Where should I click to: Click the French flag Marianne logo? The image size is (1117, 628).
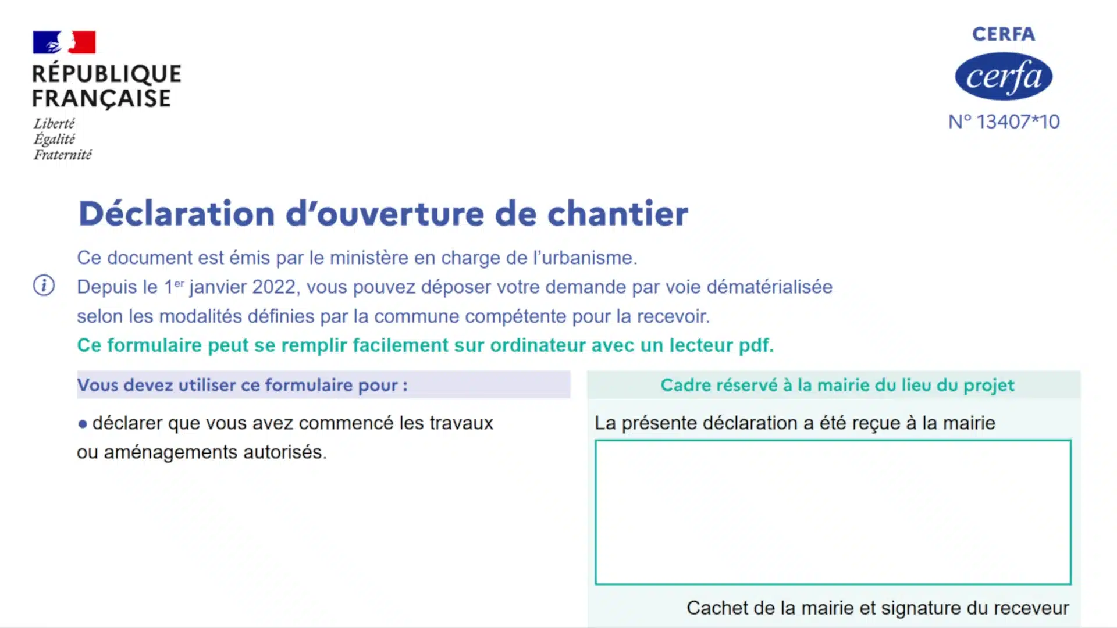pyautogui.click(x=64, y=42)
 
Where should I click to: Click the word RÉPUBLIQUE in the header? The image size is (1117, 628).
pyautogui.click(x=106, y=74)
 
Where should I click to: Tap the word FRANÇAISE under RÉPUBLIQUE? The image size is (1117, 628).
pyautogui.click(x=101, y=99)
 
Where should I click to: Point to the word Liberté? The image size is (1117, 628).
pyautogui.click(x=54, y=123)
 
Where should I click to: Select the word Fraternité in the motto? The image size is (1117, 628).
pyautogui.click(x=62, y=155)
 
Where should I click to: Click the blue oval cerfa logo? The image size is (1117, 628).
pyautogui.click(x=1004, y=77)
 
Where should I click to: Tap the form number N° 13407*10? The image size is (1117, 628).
pyautogui.click(x=1004, y=122)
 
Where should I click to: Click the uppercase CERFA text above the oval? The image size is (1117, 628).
pyautogui.click(x=1004, y=34)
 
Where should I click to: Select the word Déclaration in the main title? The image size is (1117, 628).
pyautogui.click(x=176, y=214)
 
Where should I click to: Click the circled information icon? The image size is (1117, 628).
pyautogui.click(x=44, y=286)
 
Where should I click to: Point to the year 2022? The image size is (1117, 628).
pyautogui.click(x=273, y=287)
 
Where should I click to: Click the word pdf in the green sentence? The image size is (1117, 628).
pyautogui.click(x=755, y=345)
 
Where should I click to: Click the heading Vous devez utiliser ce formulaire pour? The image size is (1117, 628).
pyautogui.click(x=242, y=385)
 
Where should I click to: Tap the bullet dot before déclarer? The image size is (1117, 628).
pyautogui.click(x=83, y=424)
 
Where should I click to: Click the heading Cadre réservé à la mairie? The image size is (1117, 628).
pyautogui.click(x=837, y=385)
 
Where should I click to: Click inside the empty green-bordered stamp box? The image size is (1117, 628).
pyautogui.click(x=833, y=512)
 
